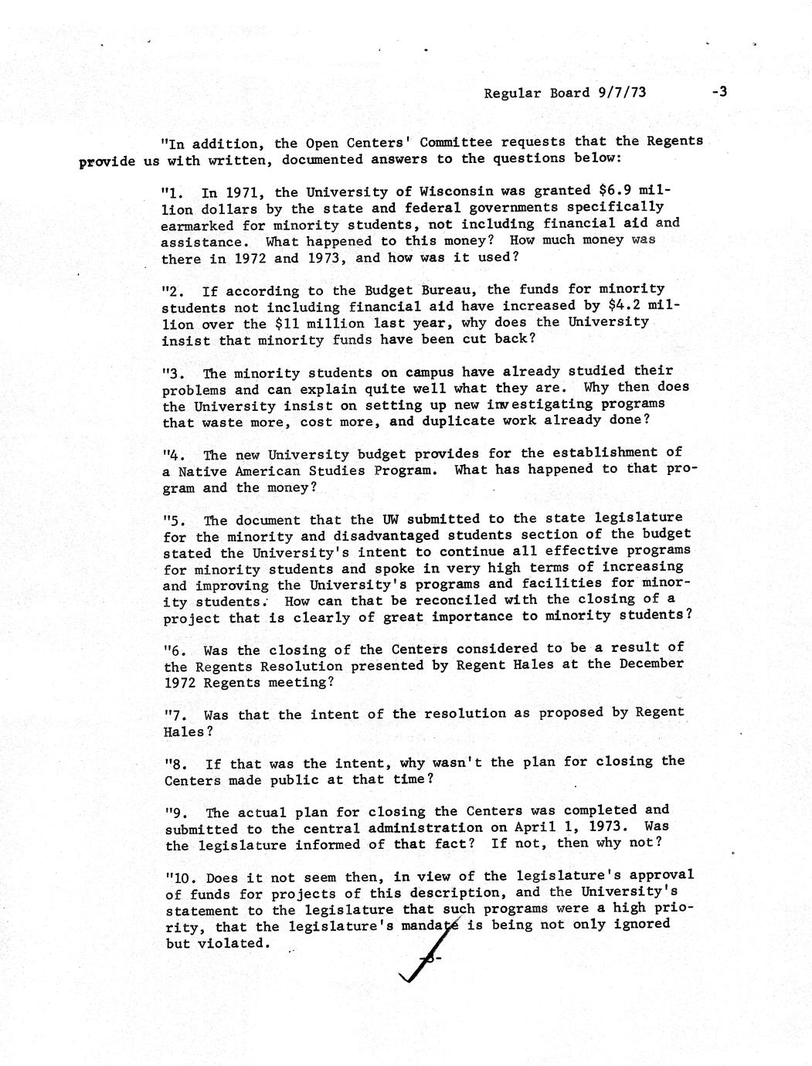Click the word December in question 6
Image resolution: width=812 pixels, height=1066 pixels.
[651, 664]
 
